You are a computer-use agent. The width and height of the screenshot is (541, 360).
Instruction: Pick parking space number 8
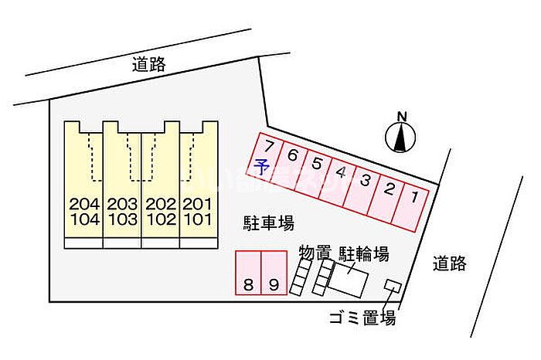coord(248,273)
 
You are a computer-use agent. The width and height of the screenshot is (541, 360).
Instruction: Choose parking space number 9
coord(274,273)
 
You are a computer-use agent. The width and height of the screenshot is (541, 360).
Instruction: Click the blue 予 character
coord(261,168)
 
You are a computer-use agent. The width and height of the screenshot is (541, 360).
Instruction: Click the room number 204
coord(84,204)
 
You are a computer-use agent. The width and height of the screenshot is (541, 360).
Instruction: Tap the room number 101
coord(197,219)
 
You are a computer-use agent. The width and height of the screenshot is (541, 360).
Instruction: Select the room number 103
coord(122,219)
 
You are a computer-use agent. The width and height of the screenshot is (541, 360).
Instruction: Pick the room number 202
coord(161,204)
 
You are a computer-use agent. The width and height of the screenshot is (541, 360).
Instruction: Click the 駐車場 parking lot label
coord(268,222)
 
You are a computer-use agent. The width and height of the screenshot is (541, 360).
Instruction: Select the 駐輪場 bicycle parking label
coord(364,254)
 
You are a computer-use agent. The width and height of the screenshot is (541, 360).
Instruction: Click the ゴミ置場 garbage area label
coord(362,318)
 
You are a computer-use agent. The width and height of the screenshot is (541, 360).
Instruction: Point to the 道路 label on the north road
coord(149,64)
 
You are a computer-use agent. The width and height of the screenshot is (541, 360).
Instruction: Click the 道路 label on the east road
coord(450,263)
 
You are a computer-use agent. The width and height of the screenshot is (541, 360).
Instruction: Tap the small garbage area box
coord(393,286)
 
